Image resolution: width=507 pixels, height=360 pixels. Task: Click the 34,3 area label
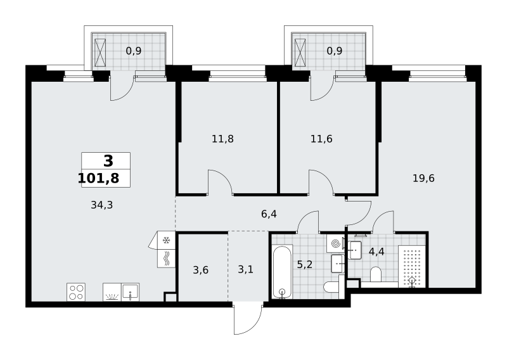(x=102, y=205)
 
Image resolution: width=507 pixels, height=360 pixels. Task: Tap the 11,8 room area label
(x=222, y=139)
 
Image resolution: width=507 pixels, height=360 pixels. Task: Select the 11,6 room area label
(x=321, y=139)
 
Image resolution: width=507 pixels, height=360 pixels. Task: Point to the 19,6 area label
(x=423, y=178)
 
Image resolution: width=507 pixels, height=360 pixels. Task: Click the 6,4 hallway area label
(x=269, y=214)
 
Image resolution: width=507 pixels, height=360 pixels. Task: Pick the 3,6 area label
(x=200, y=270)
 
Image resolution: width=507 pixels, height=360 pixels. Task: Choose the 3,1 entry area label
(x=245, y=269)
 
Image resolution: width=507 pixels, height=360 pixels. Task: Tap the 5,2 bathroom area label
(x=305, y=264)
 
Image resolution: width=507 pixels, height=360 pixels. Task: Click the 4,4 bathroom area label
(x=376, y=252)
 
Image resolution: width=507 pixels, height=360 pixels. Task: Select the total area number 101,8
(x=99, y=178)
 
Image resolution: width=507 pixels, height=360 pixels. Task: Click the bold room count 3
(x=108, y=161)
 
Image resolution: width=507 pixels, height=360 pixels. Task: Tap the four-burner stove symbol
(x=76, y=292)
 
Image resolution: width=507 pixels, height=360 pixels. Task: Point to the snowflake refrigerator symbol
(x=166, y=240)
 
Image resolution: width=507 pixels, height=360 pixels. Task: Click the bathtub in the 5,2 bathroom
(x=283, y=272)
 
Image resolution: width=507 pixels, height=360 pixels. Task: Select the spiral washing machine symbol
(x=335, y=243)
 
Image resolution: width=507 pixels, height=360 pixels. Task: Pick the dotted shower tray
(x=412, y=266)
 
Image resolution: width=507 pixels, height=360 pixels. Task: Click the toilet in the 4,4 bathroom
(x=375, y=274)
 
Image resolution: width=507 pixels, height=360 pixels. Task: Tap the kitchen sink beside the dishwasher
(x=131, y=292)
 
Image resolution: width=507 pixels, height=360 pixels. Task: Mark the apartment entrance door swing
(x=248, y=318)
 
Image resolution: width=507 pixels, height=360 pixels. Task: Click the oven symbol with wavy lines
(x=166, y=259)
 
